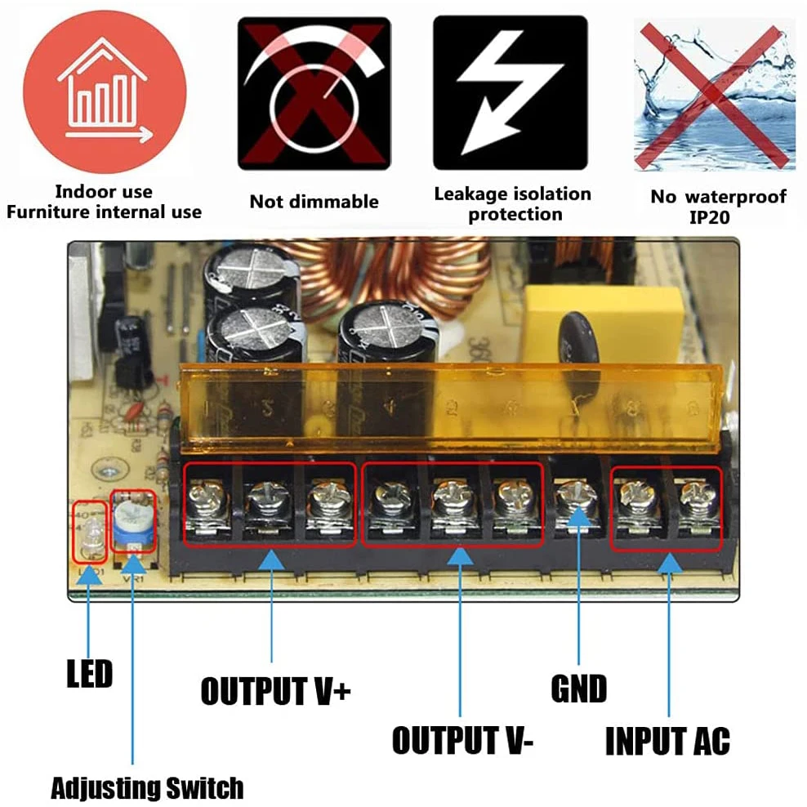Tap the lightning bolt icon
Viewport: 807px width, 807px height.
(x=510, y=92)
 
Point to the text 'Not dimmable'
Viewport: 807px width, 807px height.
(x=314, y=201)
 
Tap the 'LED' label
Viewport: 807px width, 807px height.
(x=89, y=675)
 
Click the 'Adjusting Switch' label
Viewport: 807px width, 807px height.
(x=147, y=788)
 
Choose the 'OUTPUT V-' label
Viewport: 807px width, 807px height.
(x=463, y=740)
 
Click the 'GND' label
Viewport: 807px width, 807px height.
(x=578, y=689)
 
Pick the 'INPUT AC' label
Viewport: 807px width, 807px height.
(x=667, y=741)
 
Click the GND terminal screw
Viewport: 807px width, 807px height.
(x=577, y=496)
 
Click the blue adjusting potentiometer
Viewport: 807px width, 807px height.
(x=132, y=520)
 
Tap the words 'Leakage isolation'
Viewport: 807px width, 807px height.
(x=512, y=194)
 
